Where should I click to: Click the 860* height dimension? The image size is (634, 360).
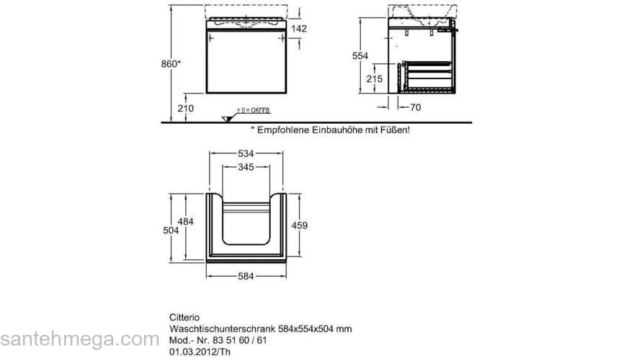point(170,64)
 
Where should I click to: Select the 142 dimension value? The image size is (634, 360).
point(299,29)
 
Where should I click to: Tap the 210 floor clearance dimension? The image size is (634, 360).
point(186,108)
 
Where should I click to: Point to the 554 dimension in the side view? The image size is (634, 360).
point(360,55)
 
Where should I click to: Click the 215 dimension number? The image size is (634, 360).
point(375,78)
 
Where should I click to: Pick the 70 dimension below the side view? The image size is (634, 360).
point(415,107)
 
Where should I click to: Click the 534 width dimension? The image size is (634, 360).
point(246,153)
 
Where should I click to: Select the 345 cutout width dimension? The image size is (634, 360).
point(246,167)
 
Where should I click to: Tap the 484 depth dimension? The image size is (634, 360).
point(186,222)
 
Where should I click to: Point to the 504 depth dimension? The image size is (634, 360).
point(171,230)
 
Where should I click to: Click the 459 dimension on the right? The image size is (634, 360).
point(300,225)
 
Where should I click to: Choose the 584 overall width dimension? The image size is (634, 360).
point(246,276)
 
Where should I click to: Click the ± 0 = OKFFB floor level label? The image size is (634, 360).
point(254,110)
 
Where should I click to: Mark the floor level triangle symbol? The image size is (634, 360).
point(227,119)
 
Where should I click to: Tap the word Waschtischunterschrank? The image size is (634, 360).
point(222,329)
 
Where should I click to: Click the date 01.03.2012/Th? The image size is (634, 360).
point(200,351)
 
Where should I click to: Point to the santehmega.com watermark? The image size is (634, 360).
point(80,339)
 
